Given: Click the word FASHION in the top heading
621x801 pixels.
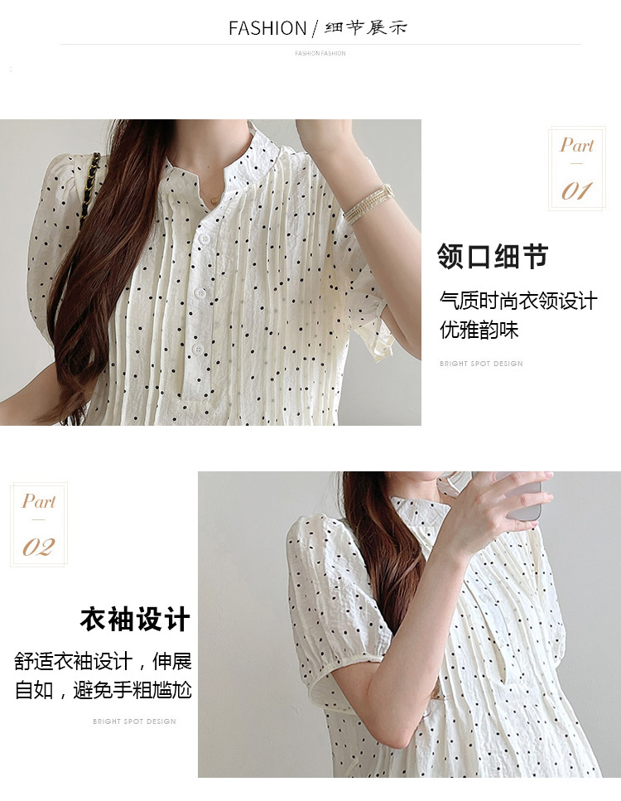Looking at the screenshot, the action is [x=267, y=28].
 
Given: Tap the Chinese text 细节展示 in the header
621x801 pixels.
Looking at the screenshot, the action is [x=366, y=27].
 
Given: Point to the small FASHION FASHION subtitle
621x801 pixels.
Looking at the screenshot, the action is [x=320, y=53].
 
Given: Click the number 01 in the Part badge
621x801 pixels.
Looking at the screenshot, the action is [x=577, y=191].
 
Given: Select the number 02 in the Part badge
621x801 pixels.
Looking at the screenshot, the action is [x=38, y=548].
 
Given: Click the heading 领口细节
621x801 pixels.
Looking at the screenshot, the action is [x=493, y=257].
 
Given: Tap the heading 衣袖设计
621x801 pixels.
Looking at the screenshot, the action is [x=135, y=619].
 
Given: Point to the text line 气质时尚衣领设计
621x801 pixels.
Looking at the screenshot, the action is [x=518, y=301].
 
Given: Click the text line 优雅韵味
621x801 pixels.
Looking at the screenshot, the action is [x=479, y=330].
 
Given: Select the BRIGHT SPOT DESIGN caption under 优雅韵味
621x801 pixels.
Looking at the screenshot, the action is [x=481, y=364].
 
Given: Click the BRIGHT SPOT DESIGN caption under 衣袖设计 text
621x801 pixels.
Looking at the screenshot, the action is [x=134, y=721].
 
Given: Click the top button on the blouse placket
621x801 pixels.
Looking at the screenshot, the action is [x=205, y=239].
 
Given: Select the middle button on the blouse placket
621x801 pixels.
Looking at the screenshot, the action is [x=200, y=293].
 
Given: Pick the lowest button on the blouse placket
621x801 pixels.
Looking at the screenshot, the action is [x=198, y=350].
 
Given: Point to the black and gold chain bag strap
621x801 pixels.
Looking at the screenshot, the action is [x=89, y=190].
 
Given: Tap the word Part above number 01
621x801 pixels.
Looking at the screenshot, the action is [x=577, y=146].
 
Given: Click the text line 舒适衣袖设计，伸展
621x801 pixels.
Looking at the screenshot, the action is [x=103, y=662].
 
